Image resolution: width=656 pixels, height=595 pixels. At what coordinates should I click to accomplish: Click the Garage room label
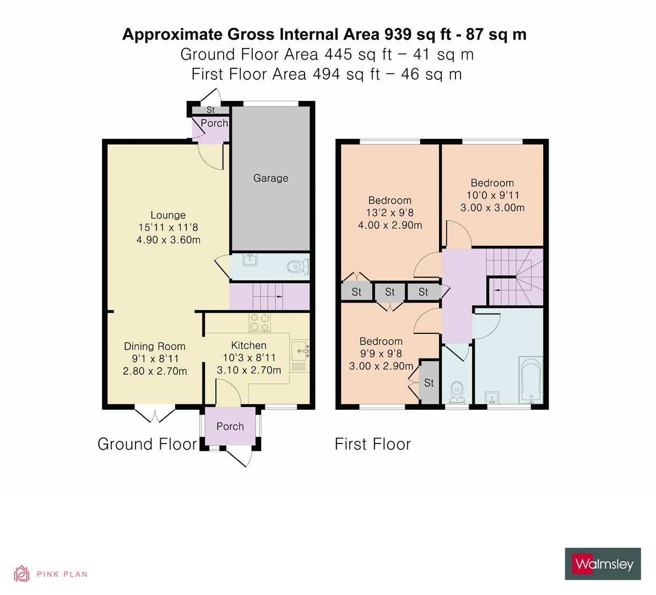(x=270, y=178)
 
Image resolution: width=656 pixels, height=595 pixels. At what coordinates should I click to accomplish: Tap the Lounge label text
(x=168, y=215)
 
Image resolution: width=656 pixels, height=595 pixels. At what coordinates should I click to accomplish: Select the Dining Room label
(x=154, y=347)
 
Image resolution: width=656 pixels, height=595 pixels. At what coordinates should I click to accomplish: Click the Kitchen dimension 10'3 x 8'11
(x=249, y=358)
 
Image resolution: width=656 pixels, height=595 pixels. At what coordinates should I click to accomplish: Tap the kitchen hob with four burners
(x=259, y=322)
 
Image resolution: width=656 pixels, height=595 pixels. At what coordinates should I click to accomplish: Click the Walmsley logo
(x=603, y=564)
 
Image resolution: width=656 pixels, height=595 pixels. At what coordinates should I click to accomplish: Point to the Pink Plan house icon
(x=22, y=574)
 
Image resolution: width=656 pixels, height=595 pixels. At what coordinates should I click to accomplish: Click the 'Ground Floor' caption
(x=147, y=444)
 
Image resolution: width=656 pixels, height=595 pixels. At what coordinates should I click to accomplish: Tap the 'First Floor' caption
(x=372, y=444)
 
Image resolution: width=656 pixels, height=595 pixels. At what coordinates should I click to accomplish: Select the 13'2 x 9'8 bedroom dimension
(x=390, y=213)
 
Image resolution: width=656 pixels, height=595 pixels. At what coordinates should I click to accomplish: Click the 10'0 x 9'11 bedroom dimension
(x=492, y=195)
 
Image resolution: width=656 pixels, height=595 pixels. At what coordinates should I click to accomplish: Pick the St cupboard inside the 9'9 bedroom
(x=429, y=382)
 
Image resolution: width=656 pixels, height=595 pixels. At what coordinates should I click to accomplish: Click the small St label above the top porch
(x=210, y=110)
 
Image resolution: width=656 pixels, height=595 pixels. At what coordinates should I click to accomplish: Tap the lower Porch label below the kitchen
(x=230, y=426)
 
